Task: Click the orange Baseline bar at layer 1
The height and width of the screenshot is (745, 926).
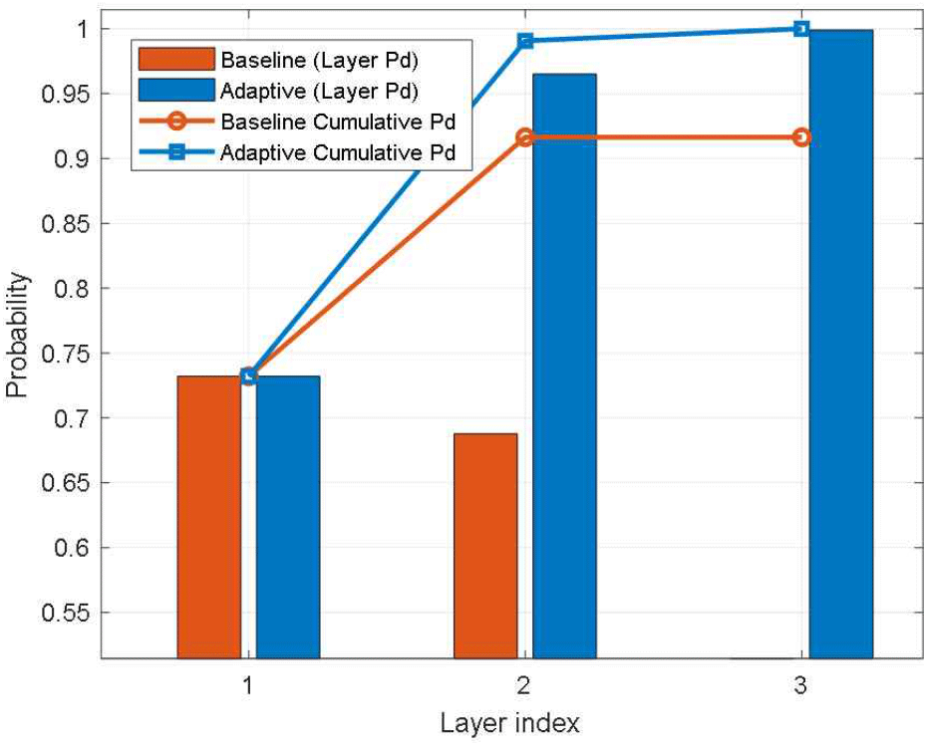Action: (x=209, y=517)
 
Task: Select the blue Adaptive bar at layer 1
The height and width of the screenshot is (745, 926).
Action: (x=288, y=517)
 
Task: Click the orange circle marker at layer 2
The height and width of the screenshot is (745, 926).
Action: (x=525, y=137)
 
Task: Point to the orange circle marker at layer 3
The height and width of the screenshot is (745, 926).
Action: (x=801, y=137)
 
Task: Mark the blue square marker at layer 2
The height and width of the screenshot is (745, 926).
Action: (x=525, y=41)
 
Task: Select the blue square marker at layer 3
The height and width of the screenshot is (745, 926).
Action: (x=801, y=29)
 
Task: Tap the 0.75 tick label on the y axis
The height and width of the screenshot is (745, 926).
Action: (x=68, y=354)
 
